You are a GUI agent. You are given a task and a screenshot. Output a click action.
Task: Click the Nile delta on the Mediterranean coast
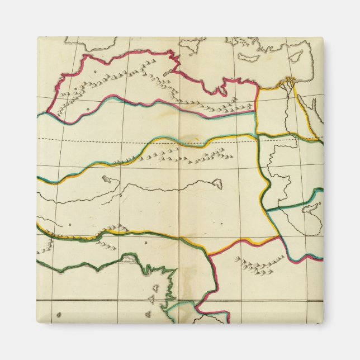288,82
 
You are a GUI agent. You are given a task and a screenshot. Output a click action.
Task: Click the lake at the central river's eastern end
216,183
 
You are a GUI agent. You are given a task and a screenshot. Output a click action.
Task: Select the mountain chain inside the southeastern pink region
254,265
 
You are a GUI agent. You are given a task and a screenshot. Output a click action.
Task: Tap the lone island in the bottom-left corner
59,314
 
